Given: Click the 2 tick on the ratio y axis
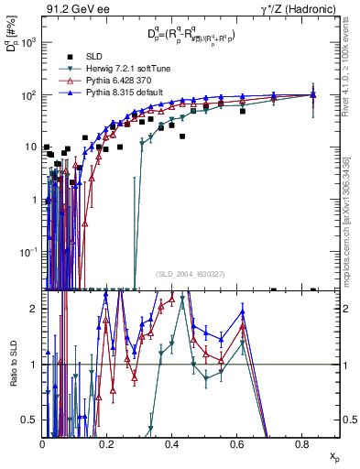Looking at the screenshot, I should (34, 309).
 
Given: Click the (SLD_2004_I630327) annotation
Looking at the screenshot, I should (191, 273).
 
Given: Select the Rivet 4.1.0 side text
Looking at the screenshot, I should (351, 73).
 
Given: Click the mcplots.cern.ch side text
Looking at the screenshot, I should (351, 229).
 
